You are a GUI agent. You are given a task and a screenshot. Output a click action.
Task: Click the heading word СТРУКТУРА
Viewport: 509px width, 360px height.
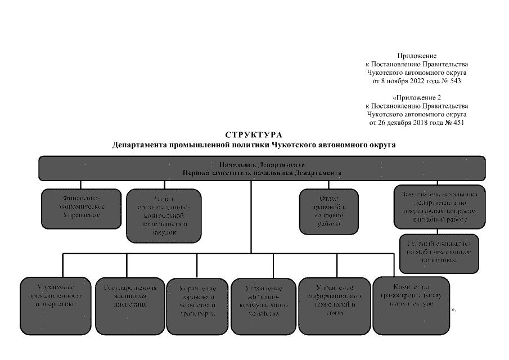tap(254, 135)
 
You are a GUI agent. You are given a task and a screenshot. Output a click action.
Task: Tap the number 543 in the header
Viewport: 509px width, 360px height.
tap(453, 80)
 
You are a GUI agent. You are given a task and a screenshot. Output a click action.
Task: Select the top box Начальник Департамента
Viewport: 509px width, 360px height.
tap(262, 168)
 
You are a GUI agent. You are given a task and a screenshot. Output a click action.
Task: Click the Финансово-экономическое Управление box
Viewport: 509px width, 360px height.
tap(81, 208)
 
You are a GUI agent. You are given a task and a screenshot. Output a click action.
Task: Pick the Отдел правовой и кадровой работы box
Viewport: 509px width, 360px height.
tap(328, 211)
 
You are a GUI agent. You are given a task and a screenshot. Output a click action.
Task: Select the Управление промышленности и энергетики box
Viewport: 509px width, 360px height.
tap(55, 304)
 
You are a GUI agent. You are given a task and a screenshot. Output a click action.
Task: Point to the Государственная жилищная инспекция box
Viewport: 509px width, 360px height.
tap(129, 304)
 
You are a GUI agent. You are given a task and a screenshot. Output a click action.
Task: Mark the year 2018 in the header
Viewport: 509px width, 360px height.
tap(416, 122)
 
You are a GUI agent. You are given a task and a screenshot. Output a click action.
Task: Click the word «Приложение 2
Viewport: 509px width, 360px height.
tap(417, 97)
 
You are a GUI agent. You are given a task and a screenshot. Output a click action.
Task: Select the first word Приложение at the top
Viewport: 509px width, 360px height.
tap(417, 56)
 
